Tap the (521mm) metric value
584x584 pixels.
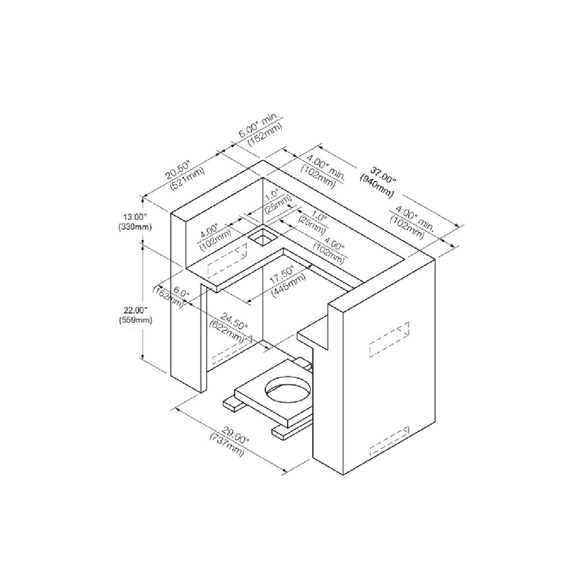(x=187, y=178)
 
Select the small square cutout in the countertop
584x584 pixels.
(x=262, y=238)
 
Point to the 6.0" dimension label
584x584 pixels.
(x=180, y=292)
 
